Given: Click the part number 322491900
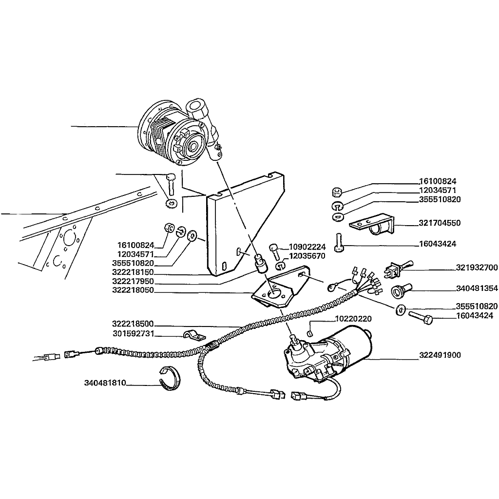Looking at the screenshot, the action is pos(440,355).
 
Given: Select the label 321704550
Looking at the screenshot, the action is pos(440,223).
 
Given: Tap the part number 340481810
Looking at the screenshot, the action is pos(105,383).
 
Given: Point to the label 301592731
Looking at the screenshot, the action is pos(134,333).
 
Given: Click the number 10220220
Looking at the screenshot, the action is pos(353,319).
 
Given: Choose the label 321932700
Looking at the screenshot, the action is pos(477,268).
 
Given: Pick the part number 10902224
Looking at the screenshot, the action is pos(307,247).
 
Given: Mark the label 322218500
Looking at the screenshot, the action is pos(133,324).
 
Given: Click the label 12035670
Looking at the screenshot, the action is pos(307,256).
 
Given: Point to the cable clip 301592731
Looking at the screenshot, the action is pos(194,335).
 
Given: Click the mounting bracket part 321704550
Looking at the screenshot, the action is pos(372,225).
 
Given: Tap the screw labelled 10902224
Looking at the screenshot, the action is pos(275,252).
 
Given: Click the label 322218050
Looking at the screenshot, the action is pos(133,290).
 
